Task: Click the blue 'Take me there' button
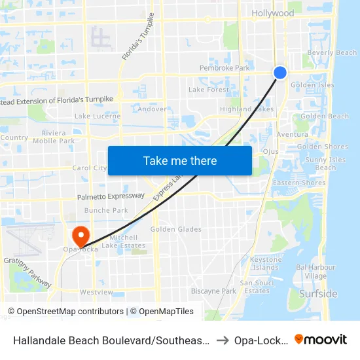pos(180,161)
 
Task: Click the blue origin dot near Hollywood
pos(280,73)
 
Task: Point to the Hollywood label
pos(273,13)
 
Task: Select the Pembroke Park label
pos(225,68)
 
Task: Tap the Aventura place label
pos(292,134)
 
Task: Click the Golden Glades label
pos(176,229)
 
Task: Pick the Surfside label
pos(318,294)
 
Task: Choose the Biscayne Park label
pos(213,291)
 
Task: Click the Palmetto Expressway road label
pos(111,196)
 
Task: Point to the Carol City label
pos(90,168)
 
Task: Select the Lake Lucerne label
pos(96,116)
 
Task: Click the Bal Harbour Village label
pos(315,272)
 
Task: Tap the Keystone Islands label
pos(265,264)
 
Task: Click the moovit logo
pos(321,339)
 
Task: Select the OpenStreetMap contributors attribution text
pos(65,312)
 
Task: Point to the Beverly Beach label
pos(332,53)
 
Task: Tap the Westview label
pos(96,292)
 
